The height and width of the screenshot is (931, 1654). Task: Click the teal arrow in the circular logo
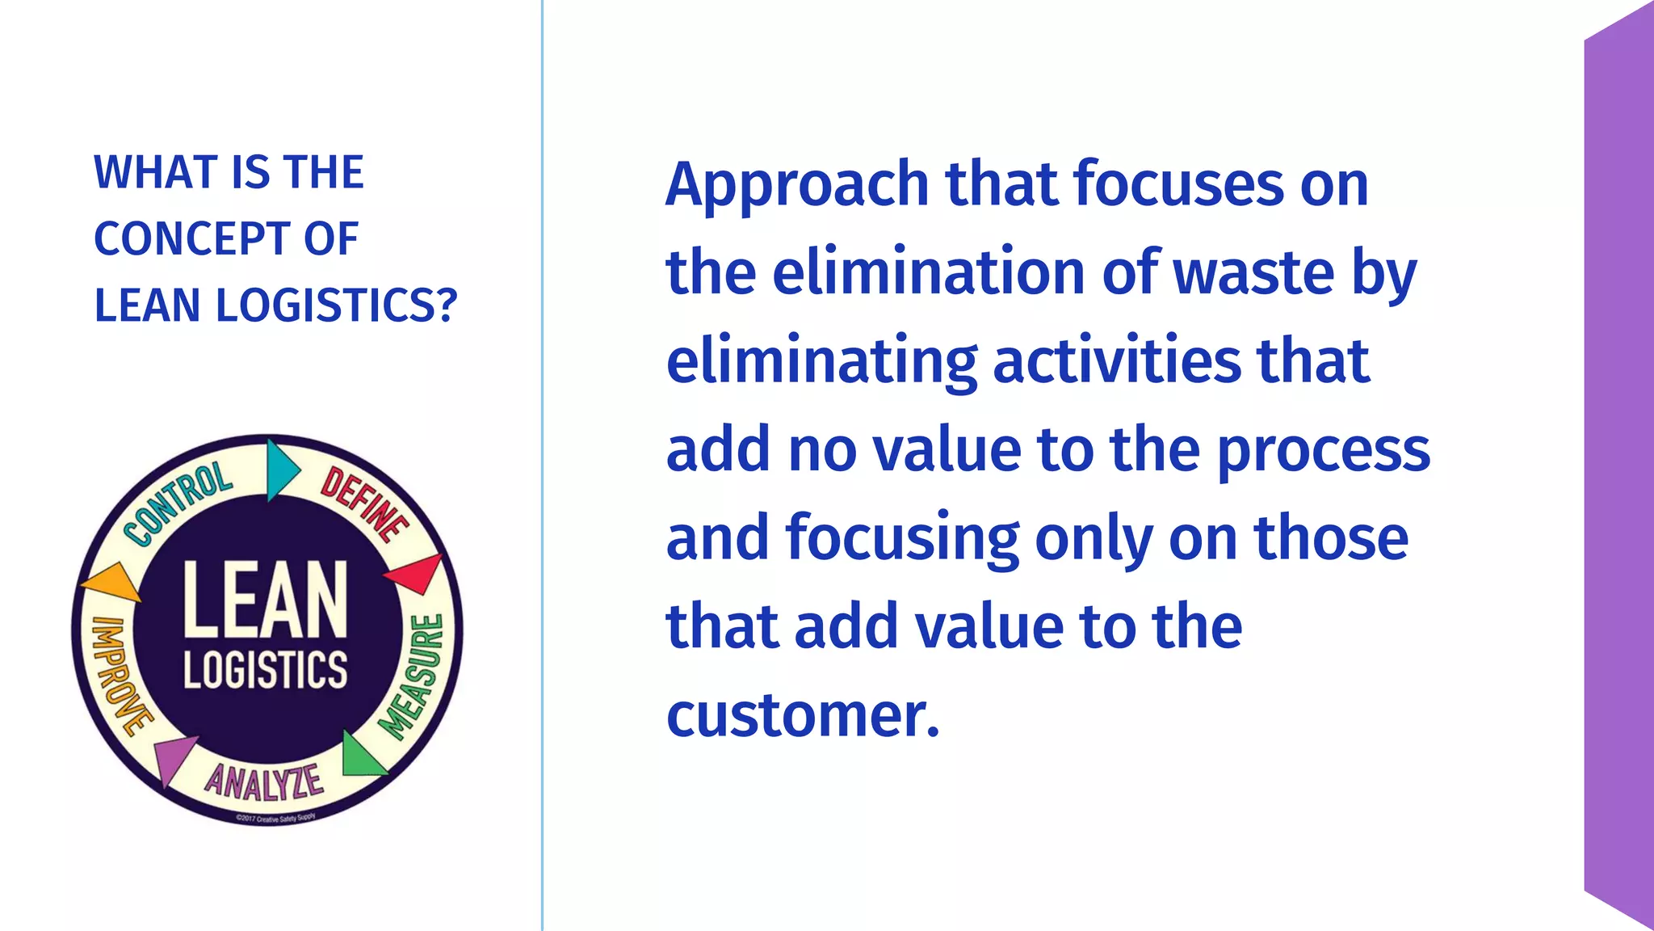pos(282,469)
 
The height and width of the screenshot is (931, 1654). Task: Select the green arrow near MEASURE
pos(359,756)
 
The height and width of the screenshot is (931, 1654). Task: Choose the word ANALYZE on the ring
pos(263,781)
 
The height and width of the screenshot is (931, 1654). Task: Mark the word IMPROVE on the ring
pos(120,676)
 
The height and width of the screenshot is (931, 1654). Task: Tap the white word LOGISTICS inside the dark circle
pos(265,669)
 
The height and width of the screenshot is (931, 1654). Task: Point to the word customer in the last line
pos(803,715)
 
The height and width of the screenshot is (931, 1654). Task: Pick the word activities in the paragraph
pos(1116,361)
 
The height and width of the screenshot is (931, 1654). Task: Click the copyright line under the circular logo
pos(275,818)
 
